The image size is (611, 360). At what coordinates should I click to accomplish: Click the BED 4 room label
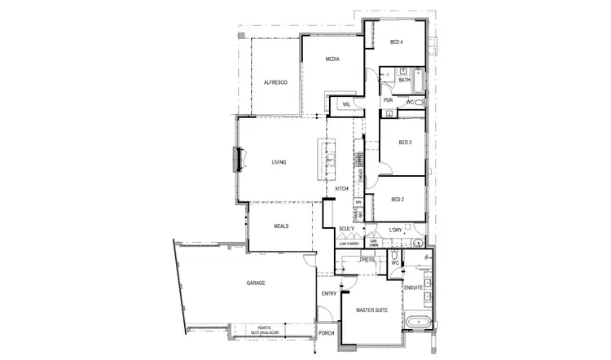(397, 42)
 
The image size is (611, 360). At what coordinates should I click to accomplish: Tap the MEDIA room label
(332, 59)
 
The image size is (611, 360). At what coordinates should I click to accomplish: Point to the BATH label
(404, 81)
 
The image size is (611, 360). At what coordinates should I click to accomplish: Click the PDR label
(388, 101)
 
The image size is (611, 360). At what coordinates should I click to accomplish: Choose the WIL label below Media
(346, 104)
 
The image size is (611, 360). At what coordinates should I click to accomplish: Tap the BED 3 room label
(405, 143)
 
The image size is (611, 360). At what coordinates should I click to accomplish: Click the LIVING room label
(279, 162)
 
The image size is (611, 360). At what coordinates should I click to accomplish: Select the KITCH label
(342, 189)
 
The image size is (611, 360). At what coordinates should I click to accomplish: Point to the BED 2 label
(398, 200)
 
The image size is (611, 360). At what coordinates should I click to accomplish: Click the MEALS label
(281, 226)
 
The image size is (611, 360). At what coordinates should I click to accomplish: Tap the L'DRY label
(397, 230)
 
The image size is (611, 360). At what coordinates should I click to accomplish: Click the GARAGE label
(257, 283)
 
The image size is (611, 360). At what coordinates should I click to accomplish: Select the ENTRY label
(329, 293)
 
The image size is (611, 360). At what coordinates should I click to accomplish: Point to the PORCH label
(327, 333)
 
